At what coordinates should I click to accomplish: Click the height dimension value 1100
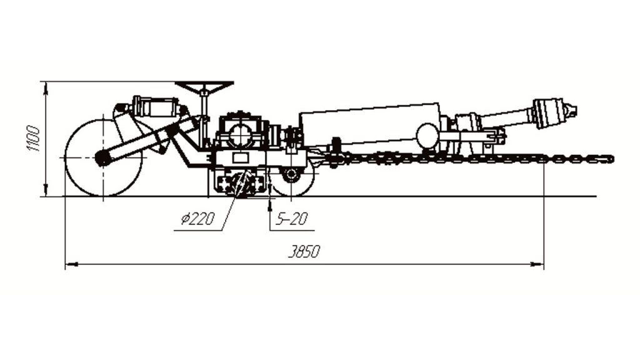coord(34,139)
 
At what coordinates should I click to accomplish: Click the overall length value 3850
coord(304,252)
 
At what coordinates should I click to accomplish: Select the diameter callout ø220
coord(197,219)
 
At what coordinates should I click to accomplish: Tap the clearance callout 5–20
coord(291,219)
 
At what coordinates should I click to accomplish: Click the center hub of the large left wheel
coord(103,157)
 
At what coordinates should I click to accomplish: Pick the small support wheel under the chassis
coord(291,175)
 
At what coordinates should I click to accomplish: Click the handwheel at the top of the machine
coord(204,86)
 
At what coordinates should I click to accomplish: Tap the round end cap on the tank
coord(427,136)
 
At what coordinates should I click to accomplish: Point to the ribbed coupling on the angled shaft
coord(546,113)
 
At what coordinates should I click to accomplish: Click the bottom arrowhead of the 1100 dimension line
coord(46,190)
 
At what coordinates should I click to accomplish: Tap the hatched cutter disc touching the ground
coord(243,184)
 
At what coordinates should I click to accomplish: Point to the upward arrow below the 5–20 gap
coord(270,205)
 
